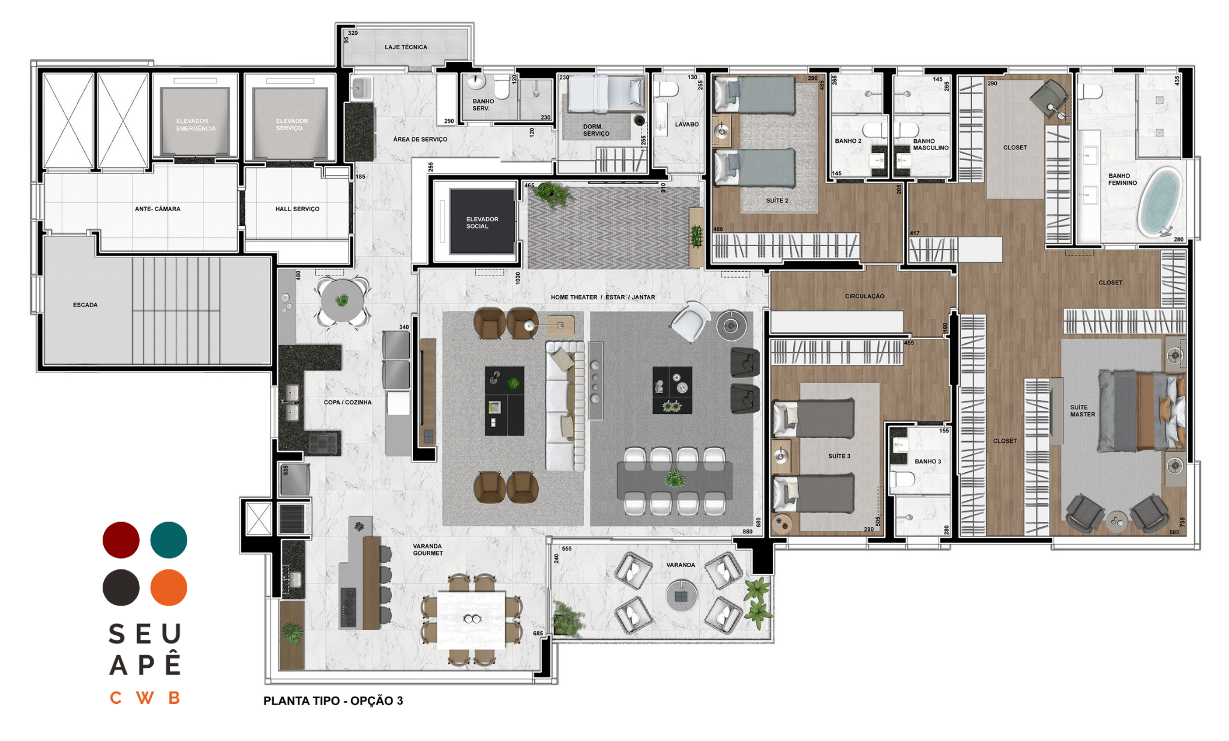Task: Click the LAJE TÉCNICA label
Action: (x=406, y=47)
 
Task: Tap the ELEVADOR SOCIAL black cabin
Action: (x=482, y=221)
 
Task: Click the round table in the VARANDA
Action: (x=681, y=596)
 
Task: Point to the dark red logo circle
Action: (x=121, y=540)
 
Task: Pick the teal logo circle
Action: (x=169, y=540)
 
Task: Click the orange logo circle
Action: (x=169, y=587)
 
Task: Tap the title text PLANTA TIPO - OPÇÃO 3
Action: (x=333, y=701)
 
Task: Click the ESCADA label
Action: (x=85, y=305)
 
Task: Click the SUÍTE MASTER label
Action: (x=1083, y=411)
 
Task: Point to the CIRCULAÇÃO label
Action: (x=864, y=296)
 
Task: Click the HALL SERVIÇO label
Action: (x=297, y=209)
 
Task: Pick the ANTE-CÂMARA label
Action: (x=157, y=209)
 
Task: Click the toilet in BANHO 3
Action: (x=903, y=479)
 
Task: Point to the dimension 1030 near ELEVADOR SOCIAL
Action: (x=518, y=278)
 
